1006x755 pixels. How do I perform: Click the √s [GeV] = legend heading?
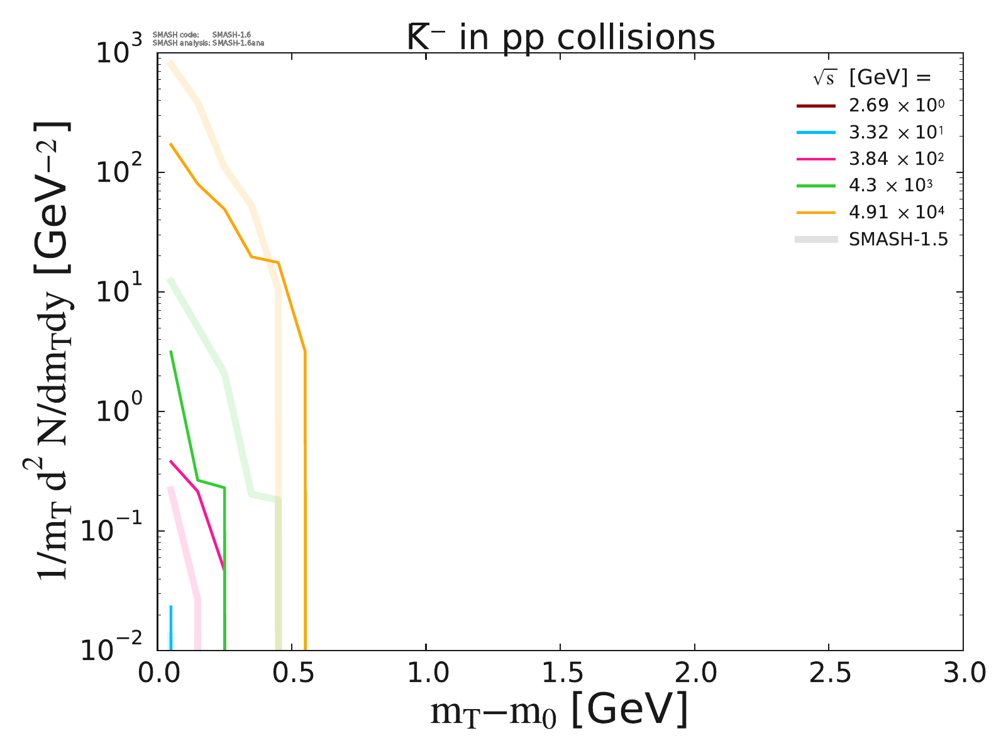871,77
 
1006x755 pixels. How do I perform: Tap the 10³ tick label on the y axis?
118,53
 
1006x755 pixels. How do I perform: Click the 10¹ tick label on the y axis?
118,292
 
